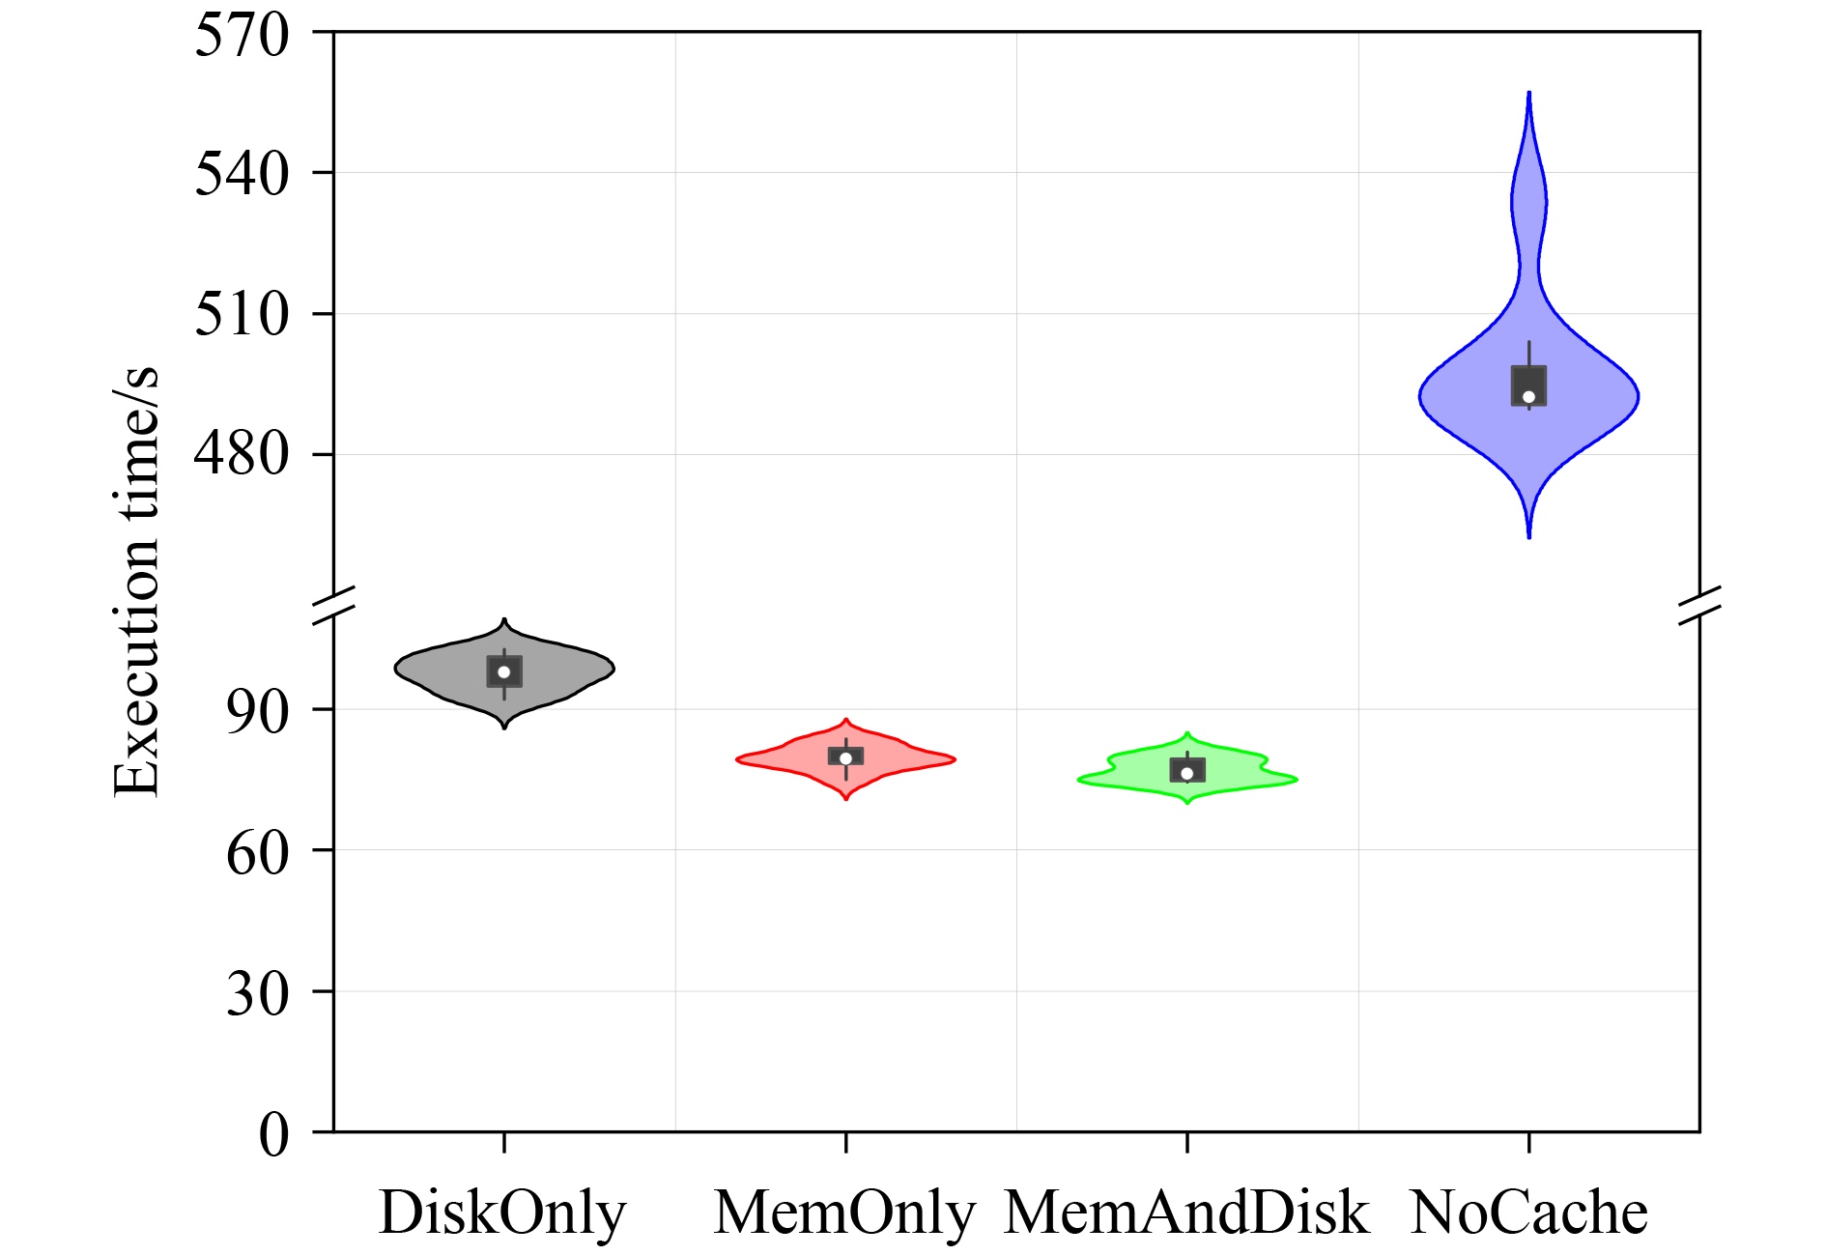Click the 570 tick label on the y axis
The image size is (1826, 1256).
(x=242, y=37)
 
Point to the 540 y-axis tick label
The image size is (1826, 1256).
(x=242, y=175)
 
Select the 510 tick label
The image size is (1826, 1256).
(x=242, y=315)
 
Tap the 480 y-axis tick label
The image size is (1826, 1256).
(x=242, y=455)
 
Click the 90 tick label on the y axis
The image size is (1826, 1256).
(x=257, y=713)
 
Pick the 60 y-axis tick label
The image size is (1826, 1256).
(x=257, y=853)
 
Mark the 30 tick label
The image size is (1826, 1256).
(x=257, y=993)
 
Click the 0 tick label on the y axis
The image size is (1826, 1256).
(x=273, y=1134)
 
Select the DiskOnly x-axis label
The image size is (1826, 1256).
(x=502, y=1213)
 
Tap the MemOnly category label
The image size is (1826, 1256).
(x=844, y=1213)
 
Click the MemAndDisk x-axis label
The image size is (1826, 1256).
(x=1186, y=1213)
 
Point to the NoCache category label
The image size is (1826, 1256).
(x=1528, y=1213)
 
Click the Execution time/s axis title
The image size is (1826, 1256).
(x=136, y=583)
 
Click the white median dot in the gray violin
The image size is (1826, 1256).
(x=504, y=672)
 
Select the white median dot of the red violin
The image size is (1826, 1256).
(x=846, y=758)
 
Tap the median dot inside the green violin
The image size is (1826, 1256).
(x=1187, y=774)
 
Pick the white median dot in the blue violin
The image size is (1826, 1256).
(x=1528, y=397)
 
